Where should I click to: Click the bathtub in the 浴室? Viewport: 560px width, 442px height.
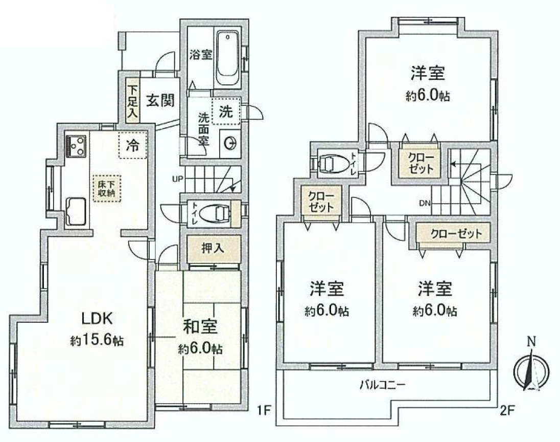pos(227,59)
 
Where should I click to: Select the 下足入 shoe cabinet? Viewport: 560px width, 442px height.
pos(132,100)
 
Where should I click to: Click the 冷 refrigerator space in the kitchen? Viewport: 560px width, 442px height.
pos(132,145)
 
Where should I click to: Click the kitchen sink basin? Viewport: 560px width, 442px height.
pos(76,211)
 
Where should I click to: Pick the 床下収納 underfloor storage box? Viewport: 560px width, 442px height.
pos(107,188)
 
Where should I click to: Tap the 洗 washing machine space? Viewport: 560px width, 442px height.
pos(226,111)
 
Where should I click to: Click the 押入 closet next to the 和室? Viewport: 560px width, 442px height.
pos(214,249)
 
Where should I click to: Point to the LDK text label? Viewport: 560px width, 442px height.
pos(97,318)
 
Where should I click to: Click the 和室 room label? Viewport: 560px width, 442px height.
pos(200,326)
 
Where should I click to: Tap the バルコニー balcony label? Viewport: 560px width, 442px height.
pos(383,385)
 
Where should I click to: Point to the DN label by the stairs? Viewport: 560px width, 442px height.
pos(425,203)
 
